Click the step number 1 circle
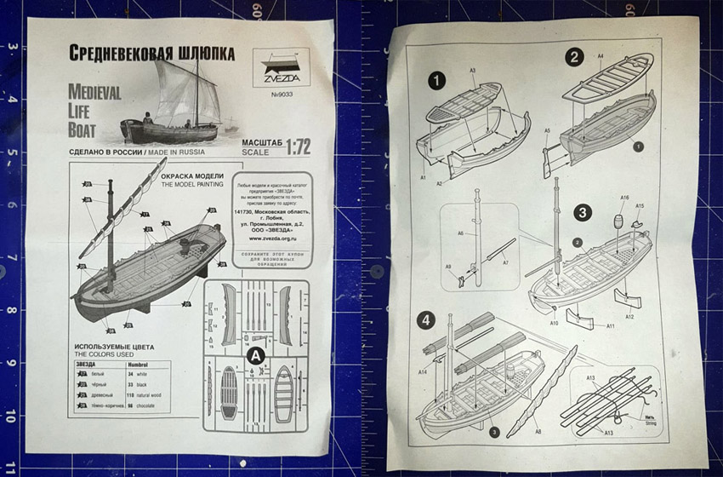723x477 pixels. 437,82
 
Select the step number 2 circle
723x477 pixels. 574,57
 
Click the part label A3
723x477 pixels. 472,70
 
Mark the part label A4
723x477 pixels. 601,55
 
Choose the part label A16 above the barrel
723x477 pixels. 624,198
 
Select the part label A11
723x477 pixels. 610,326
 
